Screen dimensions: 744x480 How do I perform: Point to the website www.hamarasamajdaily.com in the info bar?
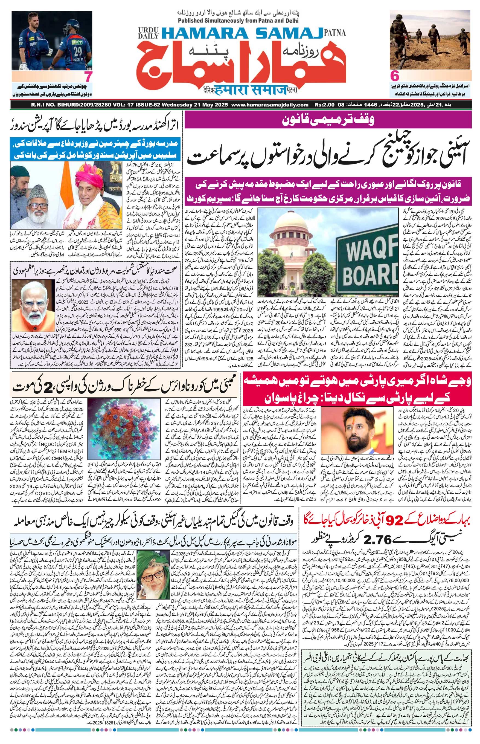270,105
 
